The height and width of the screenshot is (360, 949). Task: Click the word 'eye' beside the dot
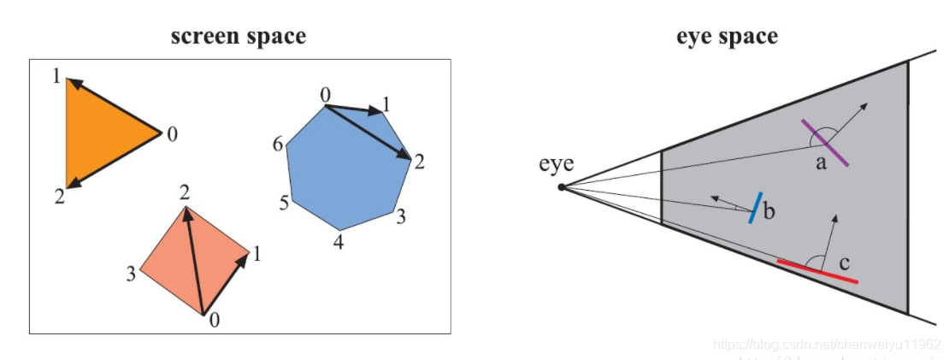click(556, 165)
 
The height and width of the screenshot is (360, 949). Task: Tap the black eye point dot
click(561, 186)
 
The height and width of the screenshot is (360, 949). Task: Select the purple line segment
click(825, 143)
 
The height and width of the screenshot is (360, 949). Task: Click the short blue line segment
click(753, 207)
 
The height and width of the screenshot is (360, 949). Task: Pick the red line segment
click(816, 270)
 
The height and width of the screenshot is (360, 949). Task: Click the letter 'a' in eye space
click(822, 162)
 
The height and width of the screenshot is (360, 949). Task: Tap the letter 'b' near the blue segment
click(769, 211)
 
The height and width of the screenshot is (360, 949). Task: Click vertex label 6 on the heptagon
click(278, 145)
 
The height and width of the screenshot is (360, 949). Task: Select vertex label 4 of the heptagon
click(339, 243)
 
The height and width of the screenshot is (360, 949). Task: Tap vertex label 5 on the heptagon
click(284, 203)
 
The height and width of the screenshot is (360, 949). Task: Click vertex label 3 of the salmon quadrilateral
click(131, 274)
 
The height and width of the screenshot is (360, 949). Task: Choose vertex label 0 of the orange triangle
click(172, 134)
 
